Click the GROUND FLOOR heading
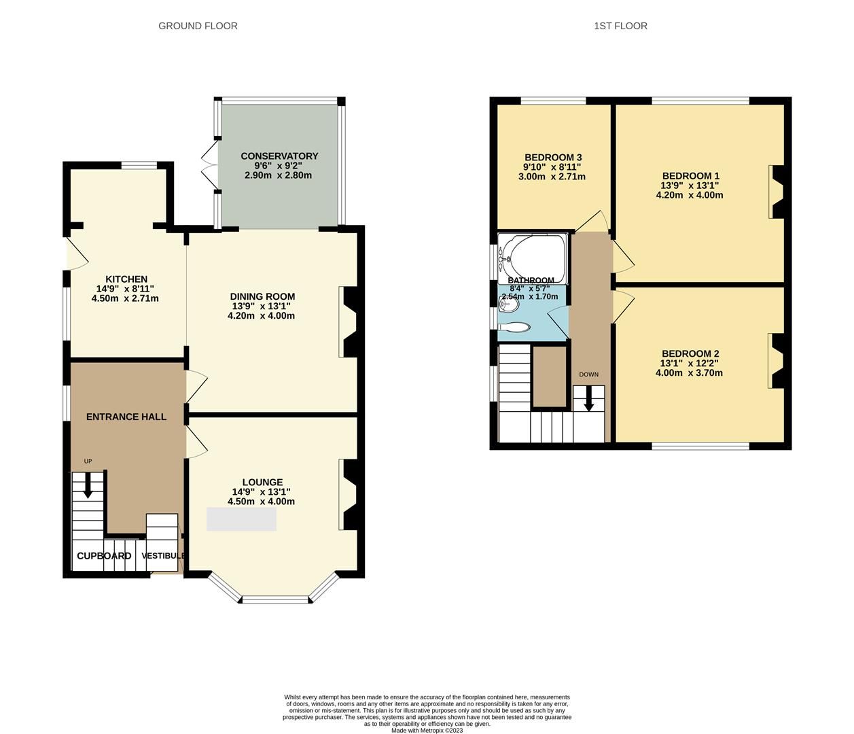click(198, 26)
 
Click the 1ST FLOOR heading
click(620, 26)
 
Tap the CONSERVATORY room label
click(279, 156)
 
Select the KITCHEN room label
click(126, 279)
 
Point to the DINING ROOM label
click(262, 296)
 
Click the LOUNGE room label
click(262, 483)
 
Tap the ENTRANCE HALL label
click(126, 417)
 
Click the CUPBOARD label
click(104, 556)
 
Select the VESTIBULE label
click(163, 556)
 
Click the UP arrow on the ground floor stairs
click(88, 485)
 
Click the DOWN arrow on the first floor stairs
click(588, 398)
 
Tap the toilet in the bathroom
click(514, 328)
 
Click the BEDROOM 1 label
click(690, 176)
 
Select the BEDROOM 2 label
click(690, 353)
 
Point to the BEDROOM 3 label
click(553, 158)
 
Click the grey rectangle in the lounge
click(241, 519)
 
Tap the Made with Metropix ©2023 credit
click(427, 731)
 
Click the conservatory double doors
click(208, 164)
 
